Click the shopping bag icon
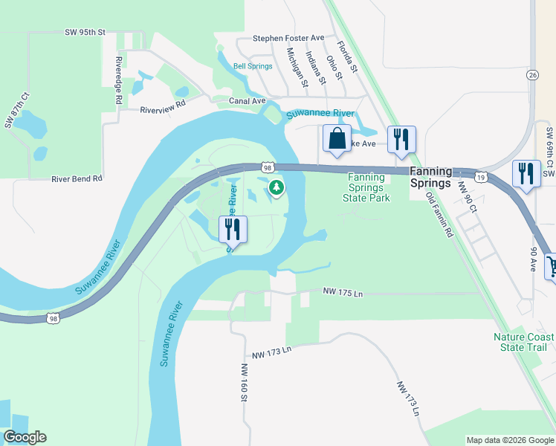point(337,139)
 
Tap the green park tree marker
point(276,187)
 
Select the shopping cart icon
point(552,265)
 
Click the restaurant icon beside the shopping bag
point(401,139)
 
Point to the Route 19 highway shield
point(482,177)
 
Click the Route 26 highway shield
point(532,74)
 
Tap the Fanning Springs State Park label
point(366,187)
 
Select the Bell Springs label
point(253,66)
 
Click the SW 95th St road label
point(86,32)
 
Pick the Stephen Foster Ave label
point(288,38)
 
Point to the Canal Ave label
point(248,100)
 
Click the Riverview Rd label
point(162,109)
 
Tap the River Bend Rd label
point(77,179)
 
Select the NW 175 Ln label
point(343,294)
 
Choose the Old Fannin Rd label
point(439,214)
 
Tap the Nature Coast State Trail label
point(520,342)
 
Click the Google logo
point(25,437)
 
